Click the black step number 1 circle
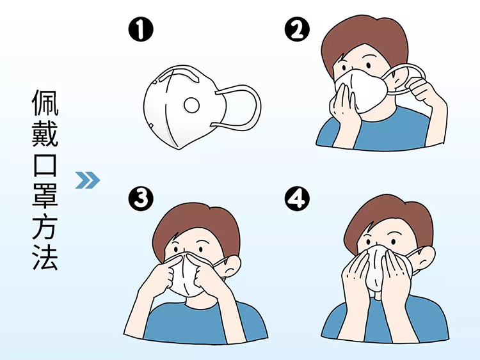point(141,29)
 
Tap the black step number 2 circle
point(297,29)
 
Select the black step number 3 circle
point(141,198)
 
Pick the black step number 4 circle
point(297,198)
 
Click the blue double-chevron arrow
point(88,180)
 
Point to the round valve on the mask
point(191,106)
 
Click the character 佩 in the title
point(45,102)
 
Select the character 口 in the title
point(45,164)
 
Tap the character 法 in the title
point(45,256)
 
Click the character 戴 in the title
point(45,133)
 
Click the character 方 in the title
point(45,226)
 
